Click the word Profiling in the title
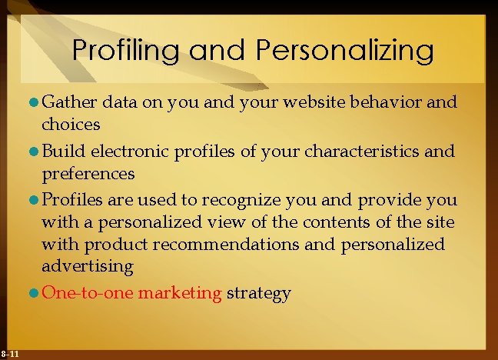[x=126, y=51]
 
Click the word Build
[x=61, y=152]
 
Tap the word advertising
[x=88, y=266]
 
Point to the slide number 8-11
[x=10, y=353]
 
